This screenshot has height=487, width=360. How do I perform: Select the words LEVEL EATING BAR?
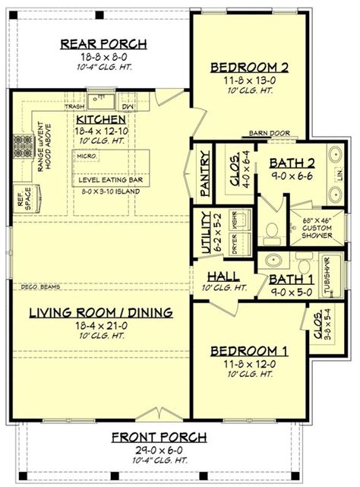(x=112, y=180)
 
